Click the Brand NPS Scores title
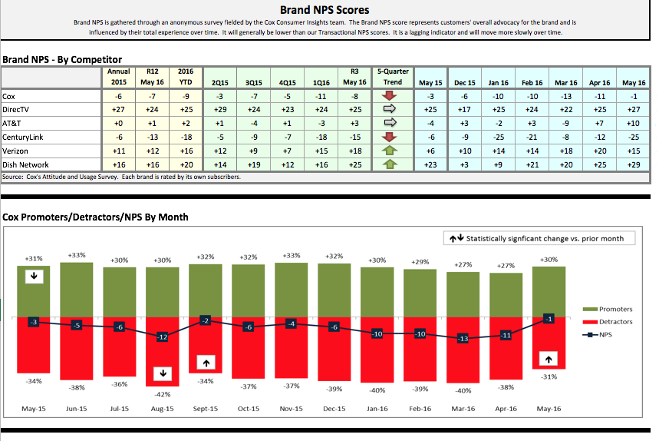coord(325,10)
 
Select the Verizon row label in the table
coord(15,151)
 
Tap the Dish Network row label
coord(25,165)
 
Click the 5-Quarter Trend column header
coord(393,77)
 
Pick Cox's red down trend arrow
coord(390,95)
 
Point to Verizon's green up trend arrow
coord(390,151)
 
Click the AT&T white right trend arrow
coord(390,122)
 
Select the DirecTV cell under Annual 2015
coord(118,109)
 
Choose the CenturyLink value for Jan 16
coord(498,138)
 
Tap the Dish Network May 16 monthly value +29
coord(634,165)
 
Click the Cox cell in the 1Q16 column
coord(321,96)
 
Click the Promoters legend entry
coord(608,309)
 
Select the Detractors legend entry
coord(608,321)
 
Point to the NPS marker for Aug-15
coord(162,337)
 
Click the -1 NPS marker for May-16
coord(549,319)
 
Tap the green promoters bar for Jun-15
coord(77,290)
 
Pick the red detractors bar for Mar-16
coord(463,350)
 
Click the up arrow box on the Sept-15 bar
coord(206,363)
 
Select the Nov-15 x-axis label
coord(292,409)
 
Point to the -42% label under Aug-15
coord(162,394)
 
